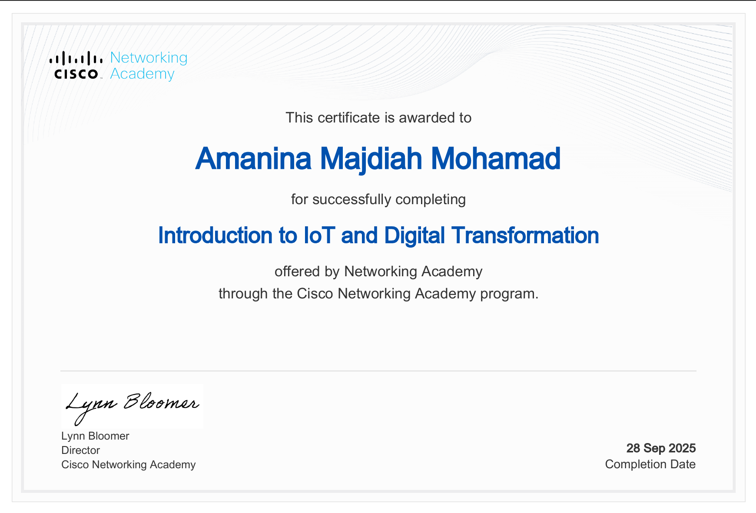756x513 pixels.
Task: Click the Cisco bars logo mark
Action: point(76,59)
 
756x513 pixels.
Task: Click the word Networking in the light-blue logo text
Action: point(149,58)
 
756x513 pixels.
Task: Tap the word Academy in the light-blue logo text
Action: point(142,74)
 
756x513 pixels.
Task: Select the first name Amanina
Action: point(253,159)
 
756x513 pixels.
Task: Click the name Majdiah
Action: point(371,159)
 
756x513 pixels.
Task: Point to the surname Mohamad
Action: point(495,159)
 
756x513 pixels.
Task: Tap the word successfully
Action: point(352,199)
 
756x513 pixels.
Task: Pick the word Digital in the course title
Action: point(414,235)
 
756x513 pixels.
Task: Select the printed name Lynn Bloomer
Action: point(95,436)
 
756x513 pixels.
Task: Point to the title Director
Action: point(80,450)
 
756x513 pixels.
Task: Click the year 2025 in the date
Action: point(682,448)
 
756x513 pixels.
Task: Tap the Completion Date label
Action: point(650,464)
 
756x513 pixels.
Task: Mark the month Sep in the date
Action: point(654,448)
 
